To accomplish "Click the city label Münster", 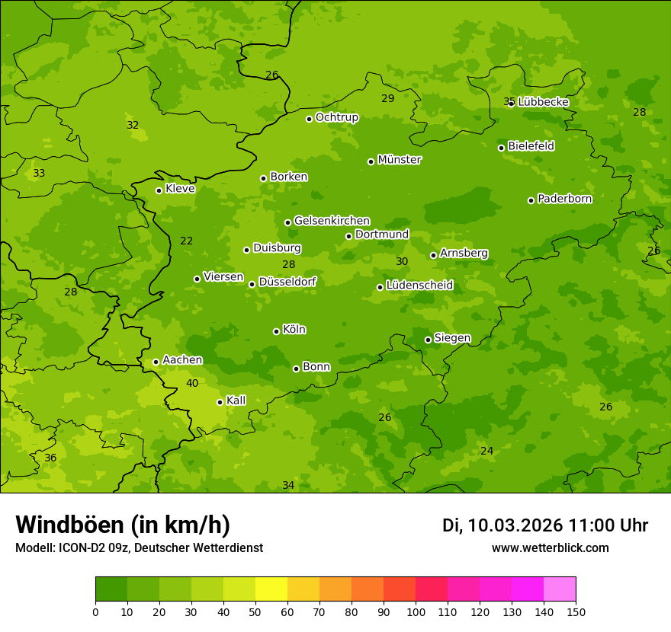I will pos(399,160).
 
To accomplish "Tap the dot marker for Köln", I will pos(276,331).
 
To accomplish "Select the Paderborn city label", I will pos(564,199).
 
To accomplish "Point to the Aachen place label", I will pos(182,360).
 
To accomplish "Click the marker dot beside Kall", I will pos(220,402).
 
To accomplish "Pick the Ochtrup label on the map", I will pos(336,117).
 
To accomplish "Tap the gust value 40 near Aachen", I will pos(192,383).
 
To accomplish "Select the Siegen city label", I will pos(452,338).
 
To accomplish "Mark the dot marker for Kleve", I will pos(159,190).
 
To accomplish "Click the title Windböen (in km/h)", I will pos(123,525).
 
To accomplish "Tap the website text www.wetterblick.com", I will pos(550,548).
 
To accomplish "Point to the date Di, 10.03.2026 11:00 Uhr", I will pos(545,525).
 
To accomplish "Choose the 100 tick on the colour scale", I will pos(416,611).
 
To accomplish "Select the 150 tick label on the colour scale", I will pos(576,611).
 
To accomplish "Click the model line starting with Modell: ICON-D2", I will pos(139,548).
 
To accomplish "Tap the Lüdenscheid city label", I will pos(419,286).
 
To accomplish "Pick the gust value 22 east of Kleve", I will pos(186,241).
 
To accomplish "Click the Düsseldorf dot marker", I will pos(252,284).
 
